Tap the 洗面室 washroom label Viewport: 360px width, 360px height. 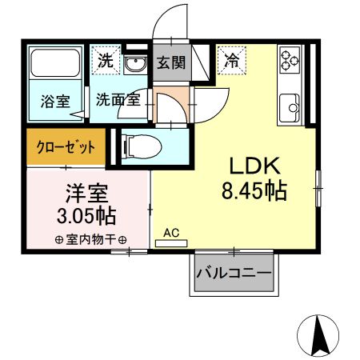(x=118, y=100)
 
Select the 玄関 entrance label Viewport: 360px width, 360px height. (x=170, y=62)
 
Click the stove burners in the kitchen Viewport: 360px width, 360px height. (x=289, y=58)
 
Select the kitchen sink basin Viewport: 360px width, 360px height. (x=290, y=104)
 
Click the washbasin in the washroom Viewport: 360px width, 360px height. (x=136, y=63)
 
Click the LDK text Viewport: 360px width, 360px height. (x=254, y=166)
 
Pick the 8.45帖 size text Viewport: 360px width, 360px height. (x=254, y=191)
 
